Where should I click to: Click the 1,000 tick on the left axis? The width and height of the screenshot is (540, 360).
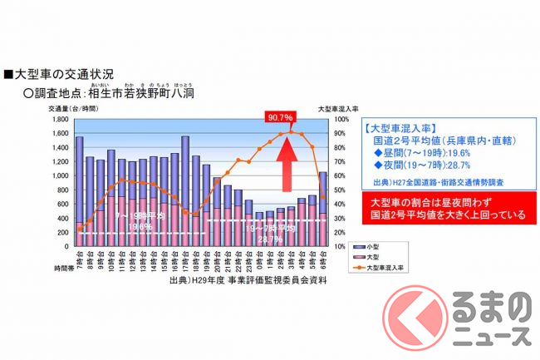pos(61,175)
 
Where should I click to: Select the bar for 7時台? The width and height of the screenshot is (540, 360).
pos(80,191)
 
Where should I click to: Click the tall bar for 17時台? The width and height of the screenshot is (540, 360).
pos(184,191)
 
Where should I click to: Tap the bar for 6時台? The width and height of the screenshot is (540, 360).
pos(322,209)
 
